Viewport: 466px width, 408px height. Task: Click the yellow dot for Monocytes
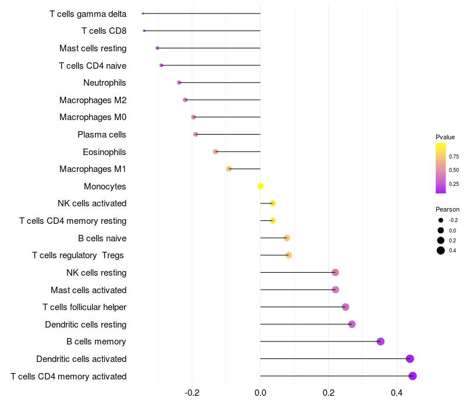(x=260, y=186)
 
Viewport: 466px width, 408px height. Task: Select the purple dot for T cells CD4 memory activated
(x=412, y=376)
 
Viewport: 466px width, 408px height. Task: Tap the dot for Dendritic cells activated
(x=410, y=358)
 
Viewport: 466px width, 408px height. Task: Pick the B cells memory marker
(x=380, y=342)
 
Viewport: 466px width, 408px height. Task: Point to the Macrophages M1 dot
(x=229, y=169)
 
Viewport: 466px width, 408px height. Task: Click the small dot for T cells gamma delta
(x=143, y=13)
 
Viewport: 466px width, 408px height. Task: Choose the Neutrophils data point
(x=179, y=83)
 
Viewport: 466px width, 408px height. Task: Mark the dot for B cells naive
(x=287, y=238)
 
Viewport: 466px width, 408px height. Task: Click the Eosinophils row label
(x=104, y=152)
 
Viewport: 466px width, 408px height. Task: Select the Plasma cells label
(x=101, y=135)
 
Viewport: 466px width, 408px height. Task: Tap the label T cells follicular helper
(x=84, y=307)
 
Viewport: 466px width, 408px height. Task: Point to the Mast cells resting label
(x=93, y=48)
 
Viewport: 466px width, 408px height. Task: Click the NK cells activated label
(x=92, y=203)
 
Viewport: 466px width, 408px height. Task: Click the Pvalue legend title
(x=445, y=137)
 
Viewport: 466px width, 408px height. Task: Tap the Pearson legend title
(x=447, y=209)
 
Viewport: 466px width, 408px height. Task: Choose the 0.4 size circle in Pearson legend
(x=441, y=251)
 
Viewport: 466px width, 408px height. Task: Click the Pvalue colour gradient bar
(x=441, y=168)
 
